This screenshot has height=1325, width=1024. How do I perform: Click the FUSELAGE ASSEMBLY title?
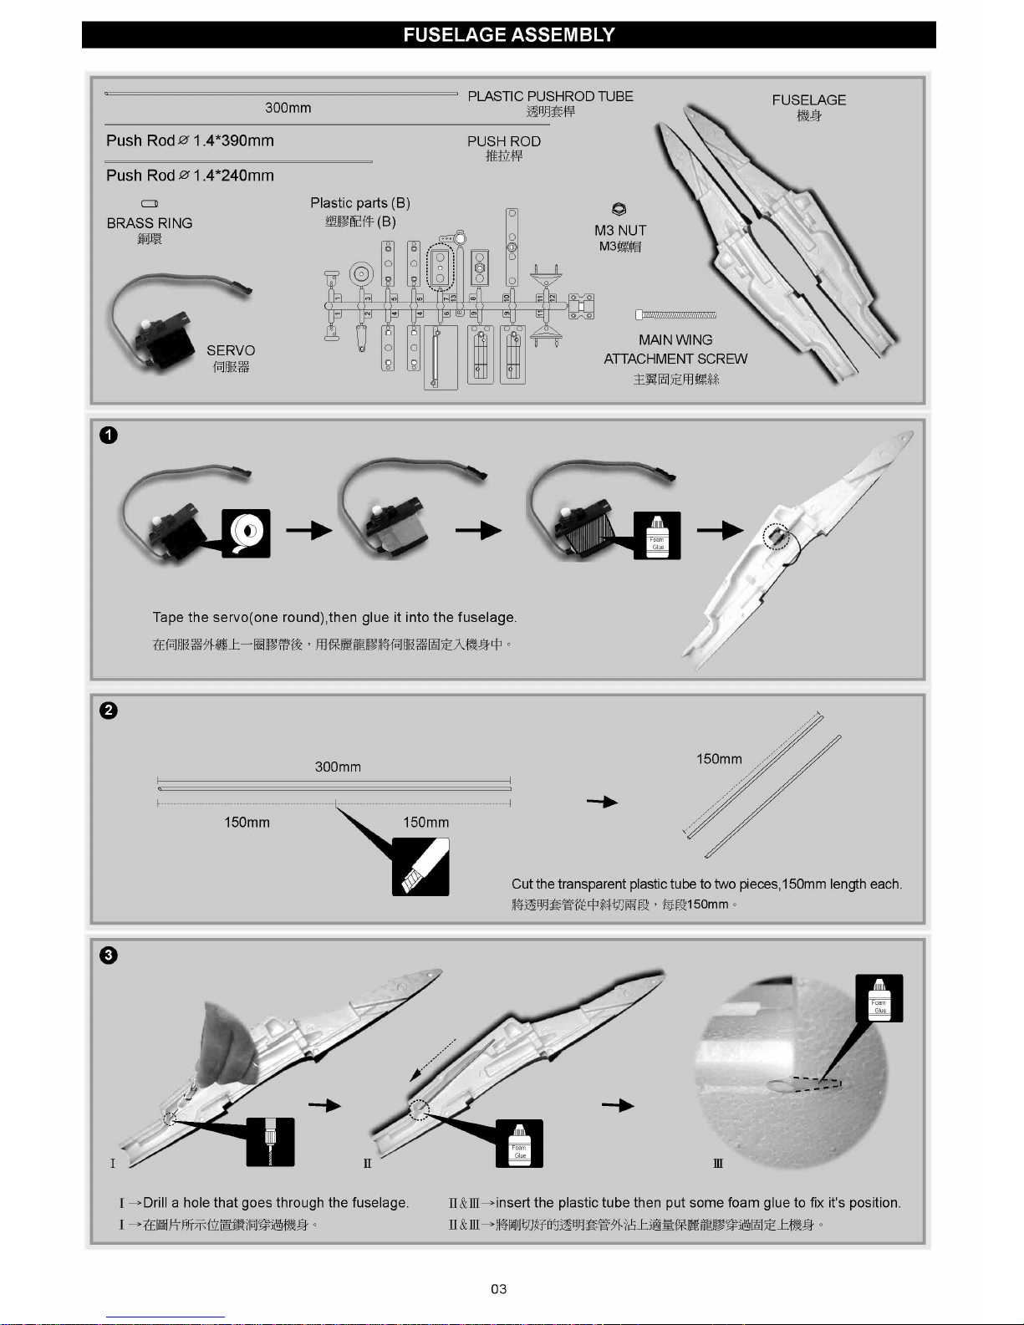tap(508, 35)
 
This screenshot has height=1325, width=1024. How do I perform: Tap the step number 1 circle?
tap(109, 435)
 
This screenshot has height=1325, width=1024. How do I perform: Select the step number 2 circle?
tap(109, 711)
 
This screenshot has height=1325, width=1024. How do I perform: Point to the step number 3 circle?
tap(109, 956)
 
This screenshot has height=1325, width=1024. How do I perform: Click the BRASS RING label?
tap(150, 223)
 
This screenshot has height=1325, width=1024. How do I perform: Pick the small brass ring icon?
tap(150, 204)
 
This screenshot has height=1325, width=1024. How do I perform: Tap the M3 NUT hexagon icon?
tap(619, 210)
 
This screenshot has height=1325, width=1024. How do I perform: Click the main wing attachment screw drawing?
tap(675, 315)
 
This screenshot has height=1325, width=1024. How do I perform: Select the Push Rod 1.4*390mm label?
tap(190, 140)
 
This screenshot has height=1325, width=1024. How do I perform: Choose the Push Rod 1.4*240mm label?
tap(190, 176)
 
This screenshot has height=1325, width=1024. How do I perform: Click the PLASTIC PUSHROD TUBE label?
tap(550, 96)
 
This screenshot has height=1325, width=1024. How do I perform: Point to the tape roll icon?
tap(247, 533)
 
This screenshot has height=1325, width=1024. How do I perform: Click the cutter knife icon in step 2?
tap(420, 867)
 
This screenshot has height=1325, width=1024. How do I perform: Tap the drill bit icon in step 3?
tap(270, 1141)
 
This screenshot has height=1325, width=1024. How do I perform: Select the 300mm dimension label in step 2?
tap(338, 767)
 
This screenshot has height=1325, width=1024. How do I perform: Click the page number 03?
tap(499, 1289)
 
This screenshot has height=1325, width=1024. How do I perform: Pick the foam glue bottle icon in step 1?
tap(658, 535)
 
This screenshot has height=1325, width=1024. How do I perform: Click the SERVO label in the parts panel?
tap(231, 350)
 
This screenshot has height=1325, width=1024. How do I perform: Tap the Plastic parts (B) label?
tap(360, 203)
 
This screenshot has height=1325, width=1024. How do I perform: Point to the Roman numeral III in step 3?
tap(718, 1163)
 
